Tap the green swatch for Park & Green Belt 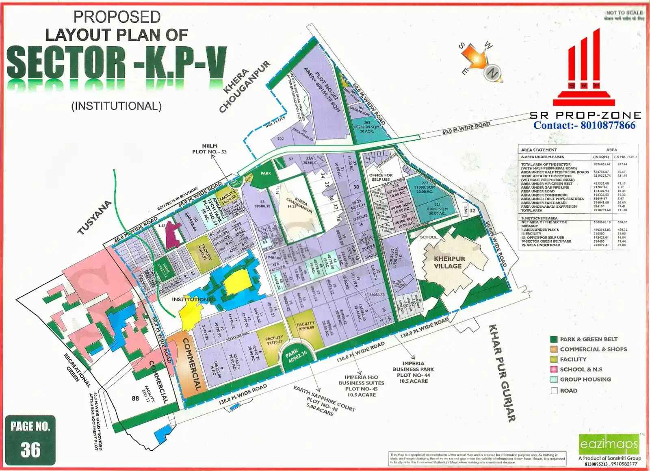coord(553,339)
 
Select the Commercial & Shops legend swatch coord(553,349)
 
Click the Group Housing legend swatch coord(553,380)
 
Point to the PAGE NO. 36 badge coord(30,439)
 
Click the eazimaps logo coord(609,444)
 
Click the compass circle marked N coord(492,73)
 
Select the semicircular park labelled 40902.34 coord(295,357)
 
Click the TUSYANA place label coord(94,217)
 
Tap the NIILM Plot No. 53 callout coord(209,149)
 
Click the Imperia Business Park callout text coord(413,372)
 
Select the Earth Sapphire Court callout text coord(324,401)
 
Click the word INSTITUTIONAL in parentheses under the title coord(117,106)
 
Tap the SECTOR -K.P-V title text coord(117,63)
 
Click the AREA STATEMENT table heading coord(539,150)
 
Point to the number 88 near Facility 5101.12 coord(135,398)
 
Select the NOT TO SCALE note coord(624,13)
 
